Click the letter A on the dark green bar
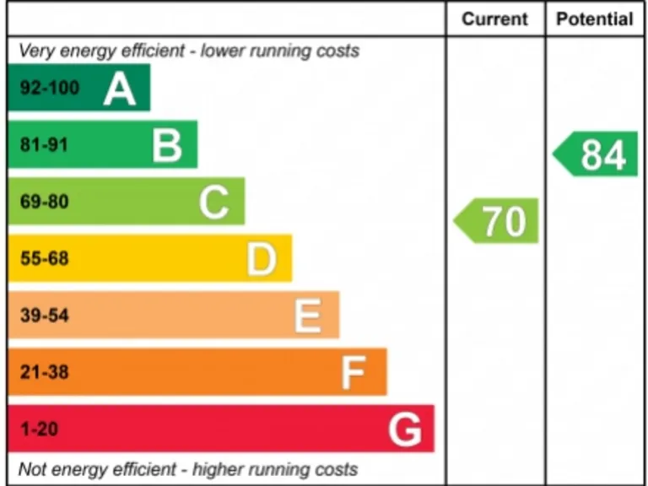(120, 89)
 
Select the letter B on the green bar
(167, 145)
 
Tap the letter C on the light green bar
(214, 202)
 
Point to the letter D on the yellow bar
(262, 259)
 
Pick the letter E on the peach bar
(308, 316)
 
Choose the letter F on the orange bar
(354, 373)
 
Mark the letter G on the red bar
(405, 430)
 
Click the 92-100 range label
(50, 89)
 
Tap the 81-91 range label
(44, 145)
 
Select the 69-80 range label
(44, 202)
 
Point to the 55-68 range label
(44, 259)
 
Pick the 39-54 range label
(44, 316)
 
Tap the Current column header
(494, 19)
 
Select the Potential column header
(595, 19)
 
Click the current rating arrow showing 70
(498, 221)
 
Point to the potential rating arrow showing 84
(597, 154)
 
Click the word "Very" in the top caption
(35, 51)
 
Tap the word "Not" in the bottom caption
(32, 469)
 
